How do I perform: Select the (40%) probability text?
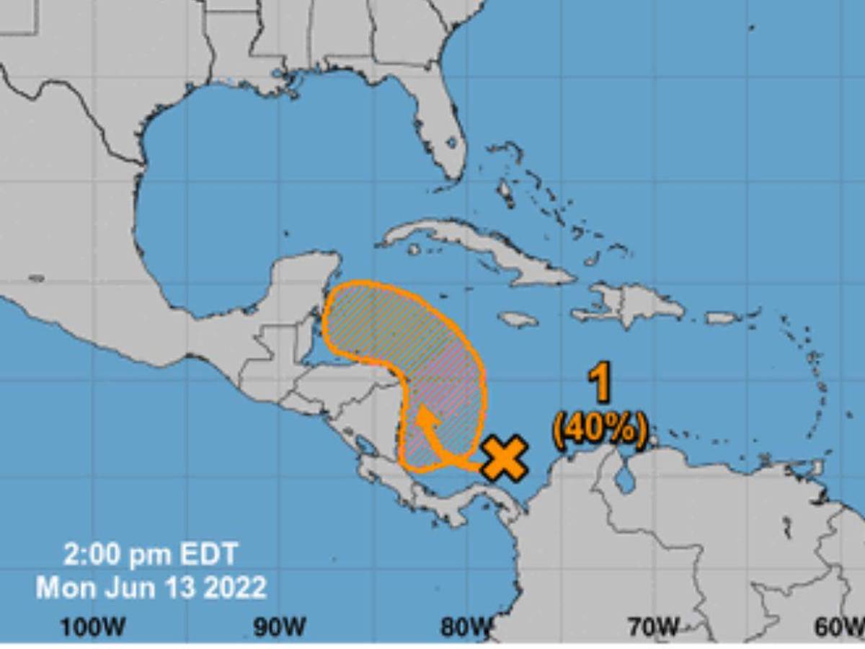coord(599,430)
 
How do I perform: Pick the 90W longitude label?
coord(279,627)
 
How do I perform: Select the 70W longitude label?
coord(652,627)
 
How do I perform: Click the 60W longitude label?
coord(839,627)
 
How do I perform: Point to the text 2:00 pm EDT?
coord(150,555)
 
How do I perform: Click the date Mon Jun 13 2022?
coord(151,587)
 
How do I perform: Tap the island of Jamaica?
coord(518,319)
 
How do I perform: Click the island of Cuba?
coord(476,249)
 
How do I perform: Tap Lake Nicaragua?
coord(366,449)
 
